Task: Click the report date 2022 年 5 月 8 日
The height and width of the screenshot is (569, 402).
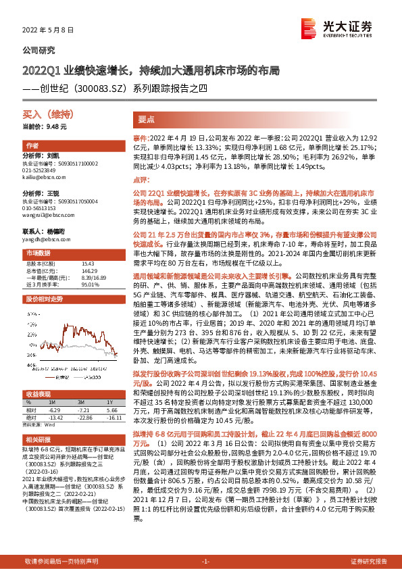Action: (45, 30)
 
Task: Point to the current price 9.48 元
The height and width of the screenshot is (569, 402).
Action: (45, 126)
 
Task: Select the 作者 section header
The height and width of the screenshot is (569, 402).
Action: (31, 146)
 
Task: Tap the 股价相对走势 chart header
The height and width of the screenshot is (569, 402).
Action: (44, 298)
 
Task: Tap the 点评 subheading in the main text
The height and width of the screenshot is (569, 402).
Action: (140, 180)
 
